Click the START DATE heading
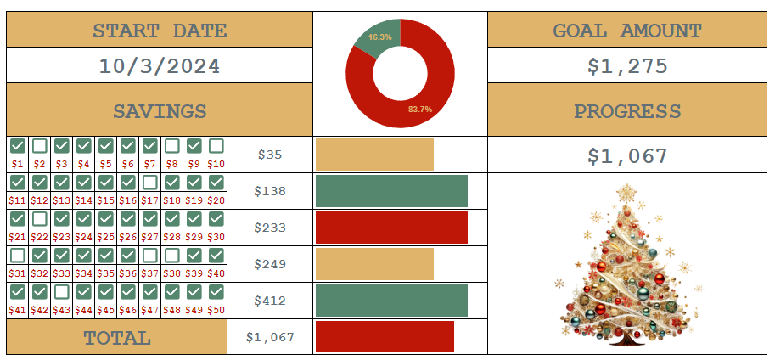(160, 31)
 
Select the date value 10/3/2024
(160, 66)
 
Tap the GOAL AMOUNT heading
(627, 31)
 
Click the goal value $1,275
(627, 66)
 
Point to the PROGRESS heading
(627, 111)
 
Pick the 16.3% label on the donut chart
(380, 37)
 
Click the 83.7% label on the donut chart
(419, 109)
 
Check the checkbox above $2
(40, 146)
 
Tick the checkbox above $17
(150, 183)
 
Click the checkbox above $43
(62, 291)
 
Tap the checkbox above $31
(18, 255)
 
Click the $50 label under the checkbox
(216, 310)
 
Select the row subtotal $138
(270, 192)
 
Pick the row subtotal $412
(270, 301)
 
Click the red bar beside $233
(391, 228)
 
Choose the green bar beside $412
(391, 301)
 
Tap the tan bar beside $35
(374, 155)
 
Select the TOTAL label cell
(117, 338)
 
